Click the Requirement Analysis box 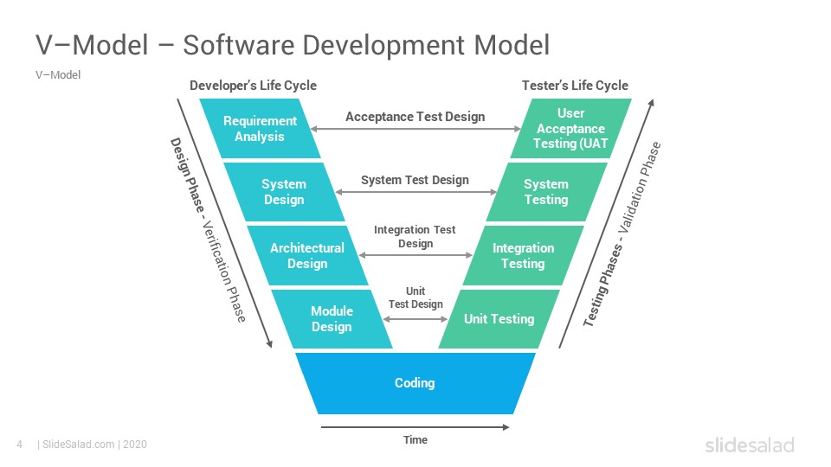(x=260, y=129)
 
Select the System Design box (x=283, y=192)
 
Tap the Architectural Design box (x=307, y=255)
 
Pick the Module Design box (x=332, y=319)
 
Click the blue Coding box (x=415, y=383)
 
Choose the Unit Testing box (x=499, y=319)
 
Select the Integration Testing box (x=523, y=255)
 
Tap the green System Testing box (x=546, y=192)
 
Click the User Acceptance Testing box (x=570, y=129)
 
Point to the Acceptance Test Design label (x=415, y=117)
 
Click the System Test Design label (x=415, y=180)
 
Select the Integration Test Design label (x=415, y=237)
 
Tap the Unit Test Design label (x=415, y=298)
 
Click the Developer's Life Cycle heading (x=253, y=86)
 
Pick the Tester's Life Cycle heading (x=575, y=86)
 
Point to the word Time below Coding (x=415, y=440)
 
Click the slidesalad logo (x=749, y=445)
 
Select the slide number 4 (x=19, y=445)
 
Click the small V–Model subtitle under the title (x=58, y=75)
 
